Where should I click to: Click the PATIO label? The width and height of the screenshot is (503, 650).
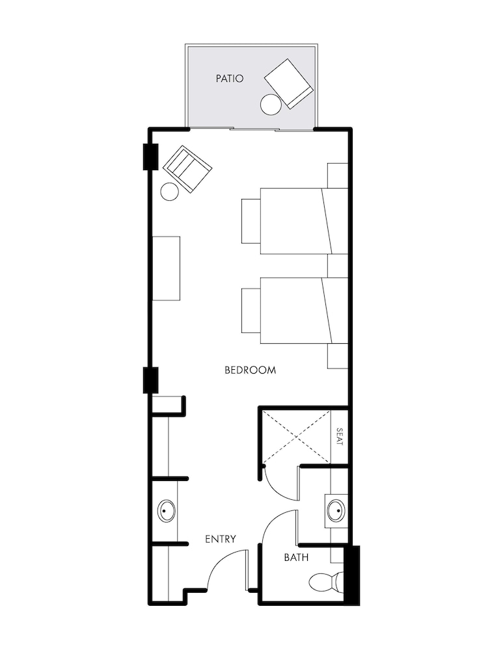(x=230, y=79)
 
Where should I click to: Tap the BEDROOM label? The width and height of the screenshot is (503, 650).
(x=250, y=370)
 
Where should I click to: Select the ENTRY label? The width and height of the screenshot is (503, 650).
(x=220, y=539)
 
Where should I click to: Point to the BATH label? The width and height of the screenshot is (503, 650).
(x=296, y=558)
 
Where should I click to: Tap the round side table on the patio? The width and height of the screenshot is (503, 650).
(x=270, y=104)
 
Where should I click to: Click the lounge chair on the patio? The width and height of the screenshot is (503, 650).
(x=289, y=83)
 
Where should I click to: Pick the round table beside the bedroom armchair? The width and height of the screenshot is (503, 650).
(x=169, y=191)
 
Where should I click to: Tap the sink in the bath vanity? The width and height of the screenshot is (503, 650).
(x=336, y=510)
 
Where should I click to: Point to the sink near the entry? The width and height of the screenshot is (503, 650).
(x=167, y=511)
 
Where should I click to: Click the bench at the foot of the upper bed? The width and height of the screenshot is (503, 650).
(x=251, y=220)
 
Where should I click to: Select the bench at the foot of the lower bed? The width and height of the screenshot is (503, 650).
(x=251, y=311)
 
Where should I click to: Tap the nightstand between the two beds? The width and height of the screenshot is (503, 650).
(x=337, y=265)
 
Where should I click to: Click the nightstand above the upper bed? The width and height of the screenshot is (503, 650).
(x=337, y=175)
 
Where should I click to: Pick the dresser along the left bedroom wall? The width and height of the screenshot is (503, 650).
(x=166, y=268)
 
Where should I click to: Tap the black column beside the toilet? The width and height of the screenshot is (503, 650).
(x=351, y=573)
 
